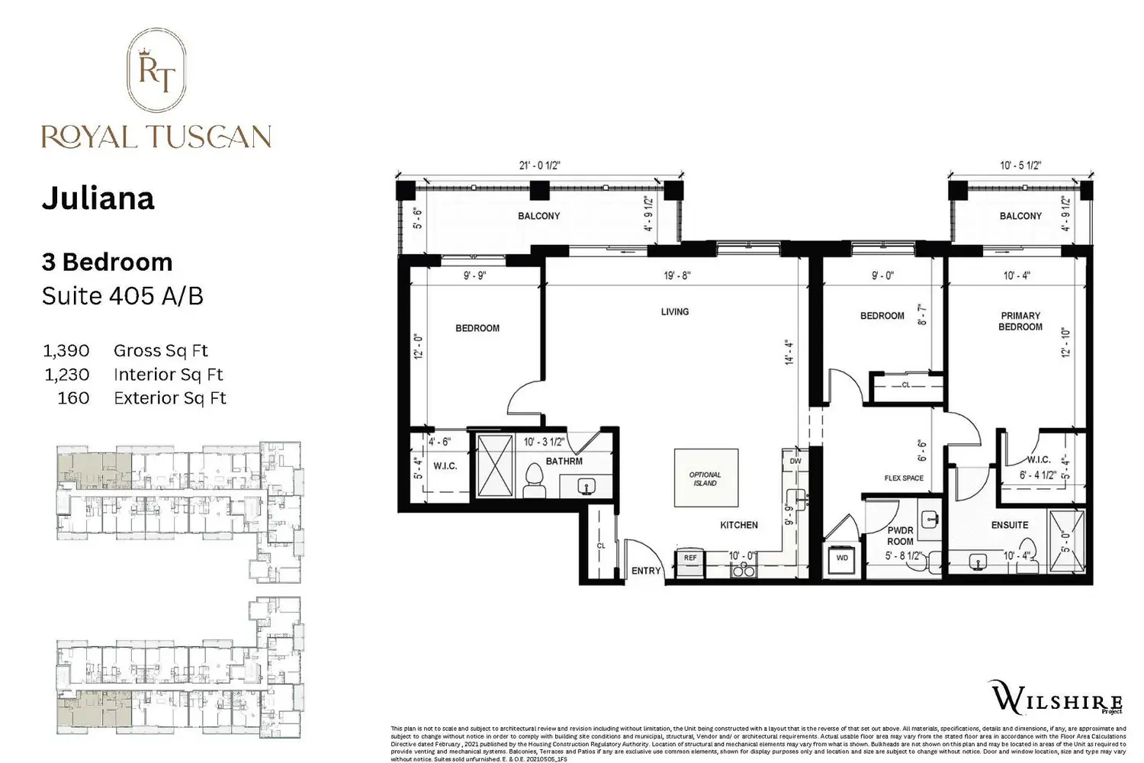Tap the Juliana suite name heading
(98, 198)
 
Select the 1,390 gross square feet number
(66, 351)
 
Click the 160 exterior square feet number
(73, 398)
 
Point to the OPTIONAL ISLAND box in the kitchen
(705, 478)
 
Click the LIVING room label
(675, 311)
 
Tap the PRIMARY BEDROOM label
(1020, 321)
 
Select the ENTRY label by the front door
(646, 571)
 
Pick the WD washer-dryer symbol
(842, 559)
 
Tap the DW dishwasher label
(795, 461)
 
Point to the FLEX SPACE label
(904, 478)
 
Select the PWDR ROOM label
(900, 536)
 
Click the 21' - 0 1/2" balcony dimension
(539, 166)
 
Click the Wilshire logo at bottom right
(1056, 697)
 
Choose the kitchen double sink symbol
(741, 571)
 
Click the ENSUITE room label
(1010, 525)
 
